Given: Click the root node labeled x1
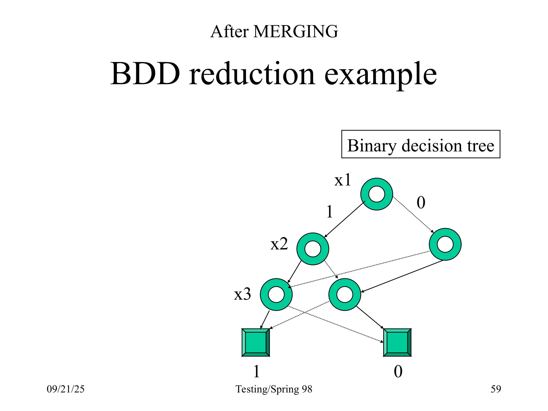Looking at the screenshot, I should point(376,194).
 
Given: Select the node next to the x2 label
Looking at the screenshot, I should point(313,249).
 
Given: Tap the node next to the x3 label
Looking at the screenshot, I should point(276,294).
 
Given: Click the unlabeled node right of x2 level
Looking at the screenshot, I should point(445,244).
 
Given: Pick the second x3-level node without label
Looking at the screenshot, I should point(345,294).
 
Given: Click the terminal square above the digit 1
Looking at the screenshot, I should point(256,342).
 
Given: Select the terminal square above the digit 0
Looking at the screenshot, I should point(397,342).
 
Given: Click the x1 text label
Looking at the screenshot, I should point(342,180).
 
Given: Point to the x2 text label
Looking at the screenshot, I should point(279,244).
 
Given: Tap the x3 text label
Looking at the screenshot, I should point(242,294).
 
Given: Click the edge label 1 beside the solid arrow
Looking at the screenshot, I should point(330,212).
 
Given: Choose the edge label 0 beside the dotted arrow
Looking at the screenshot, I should point(421,203).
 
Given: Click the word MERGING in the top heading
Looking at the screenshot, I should point(296,32).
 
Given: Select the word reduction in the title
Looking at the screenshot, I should point(252,74).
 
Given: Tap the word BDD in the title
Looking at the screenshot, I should point(145,74).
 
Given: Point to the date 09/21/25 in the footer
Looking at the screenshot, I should point(66,389).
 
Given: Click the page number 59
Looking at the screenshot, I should point(496,389).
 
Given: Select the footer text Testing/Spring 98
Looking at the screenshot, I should point(274,389).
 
